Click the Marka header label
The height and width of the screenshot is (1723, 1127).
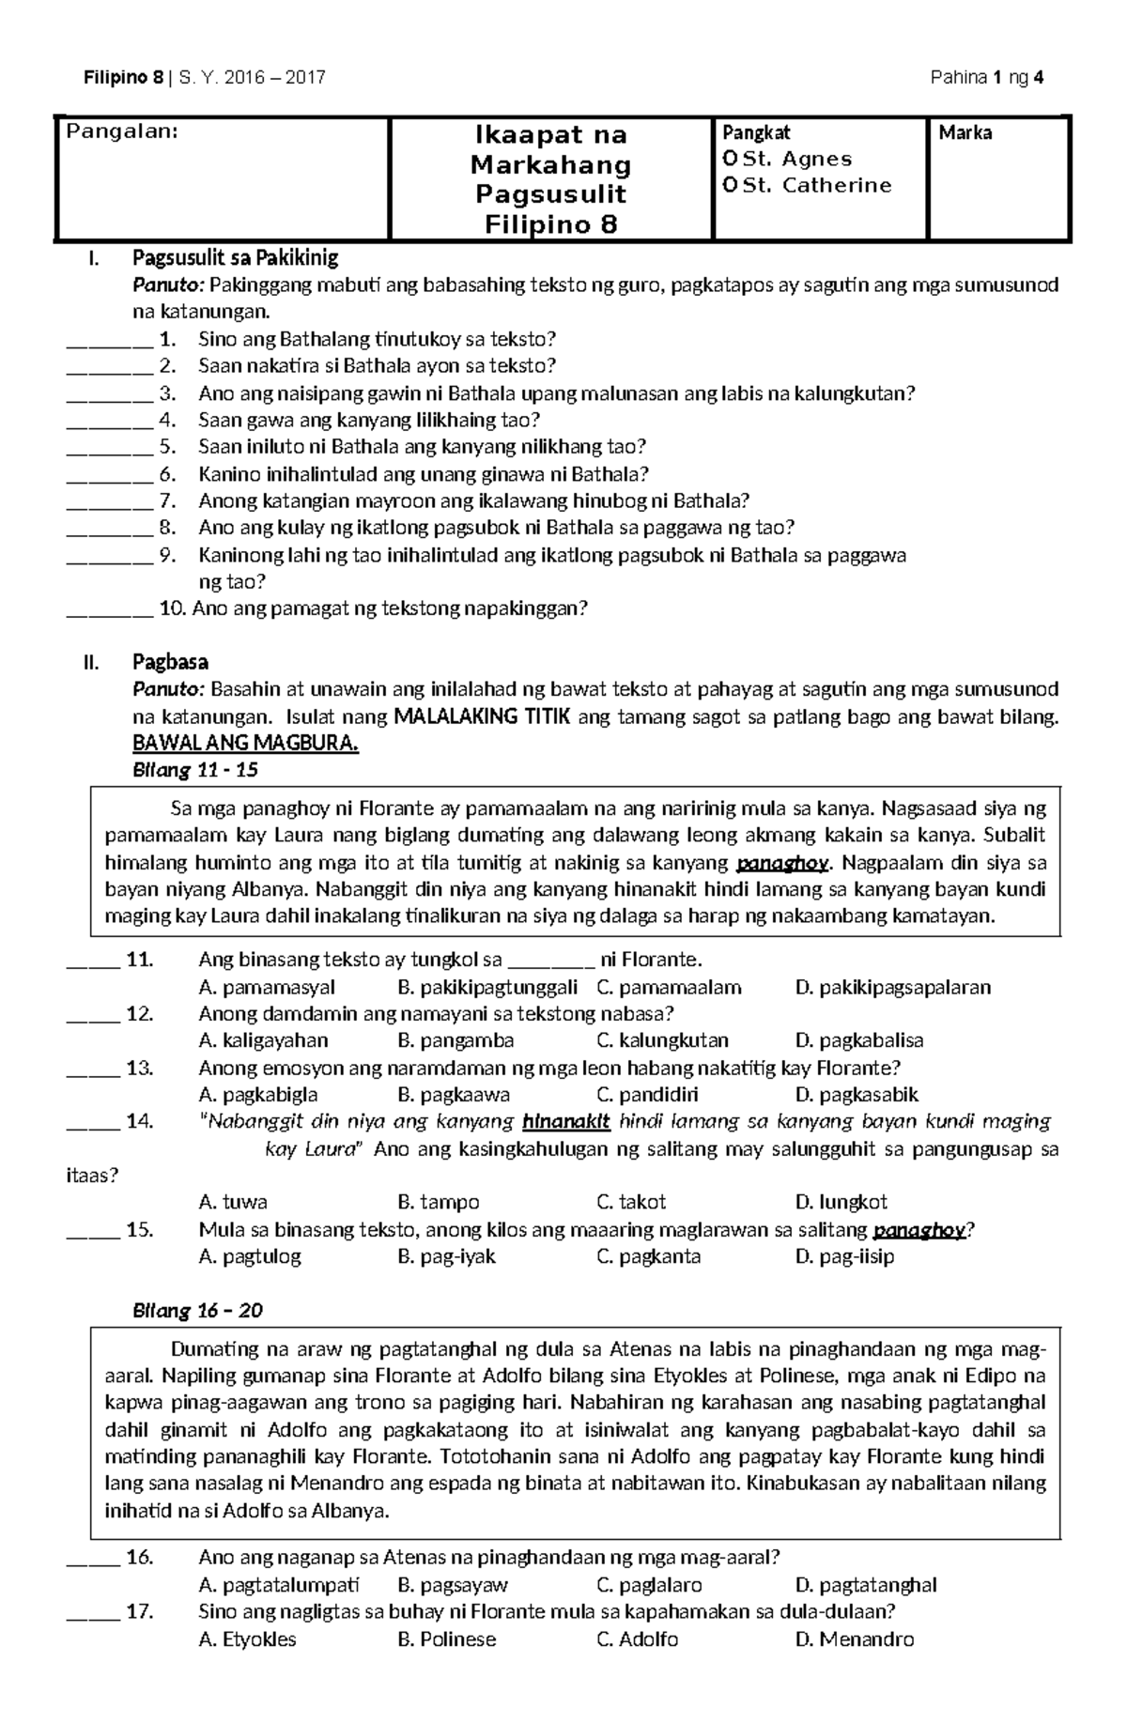[x=965, y=133]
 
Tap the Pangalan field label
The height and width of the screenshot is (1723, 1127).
[x=120, y=132]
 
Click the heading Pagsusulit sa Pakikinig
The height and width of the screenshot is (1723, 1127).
[x=235, y=257]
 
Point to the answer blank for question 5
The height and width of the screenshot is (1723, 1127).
[x=109, y=448]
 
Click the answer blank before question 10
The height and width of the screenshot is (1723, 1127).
[x=109, y=610]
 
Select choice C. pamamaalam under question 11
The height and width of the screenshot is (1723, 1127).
[x=669, y=987]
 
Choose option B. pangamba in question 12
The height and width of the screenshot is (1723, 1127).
[x=455, y=1040]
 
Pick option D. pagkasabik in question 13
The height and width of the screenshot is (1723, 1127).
[x=856, y=1095]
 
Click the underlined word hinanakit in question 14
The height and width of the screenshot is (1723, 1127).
[x=565, y=1121]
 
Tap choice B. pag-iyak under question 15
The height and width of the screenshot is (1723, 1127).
[x=446, y=1256]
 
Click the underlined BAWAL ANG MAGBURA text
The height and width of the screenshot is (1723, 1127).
[x=246, y=744]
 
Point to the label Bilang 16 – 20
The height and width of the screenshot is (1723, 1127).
[x=198, y=1311]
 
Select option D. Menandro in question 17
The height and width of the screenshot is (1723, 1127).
[x=854, y=1639]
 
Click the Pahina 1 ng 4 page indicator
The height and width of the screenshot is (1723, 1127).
[x=986, y=78]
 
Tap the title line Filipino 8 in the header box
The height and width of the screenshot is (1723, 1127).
[x=551, y=224]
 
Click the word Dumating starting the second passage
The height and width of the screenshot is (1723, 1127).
[x=214, y=1350]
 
